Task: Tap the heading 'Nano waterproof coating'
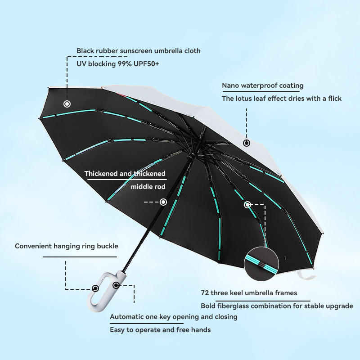[x=263, y=85]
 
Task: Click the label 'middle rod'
[x=148, y=187]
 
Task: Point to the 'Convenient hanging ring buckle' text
[x=67, y=246]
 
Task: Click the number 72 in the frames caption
[x=205, y=293]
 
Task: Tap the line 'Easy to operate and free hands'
[x=160, y=330]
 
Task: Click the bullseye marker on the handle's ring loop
[x=95, y=288]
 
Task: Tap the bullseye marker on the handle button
[x=116, y=285]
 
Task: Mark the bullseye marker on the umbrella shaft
[x=163, y=202]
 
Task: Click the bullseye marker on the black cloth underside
[x=67, y=104]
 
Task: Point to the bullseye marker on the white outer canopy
[x=247, y=143]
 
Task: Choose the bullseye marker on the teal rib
[x=247, y=205]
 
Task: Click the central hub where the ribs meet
[x=191, y=155]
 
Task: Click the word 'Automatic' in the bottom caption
[x=127, y=317]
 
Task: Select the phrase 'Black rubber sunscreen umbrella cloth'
[x=139, y=51]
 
